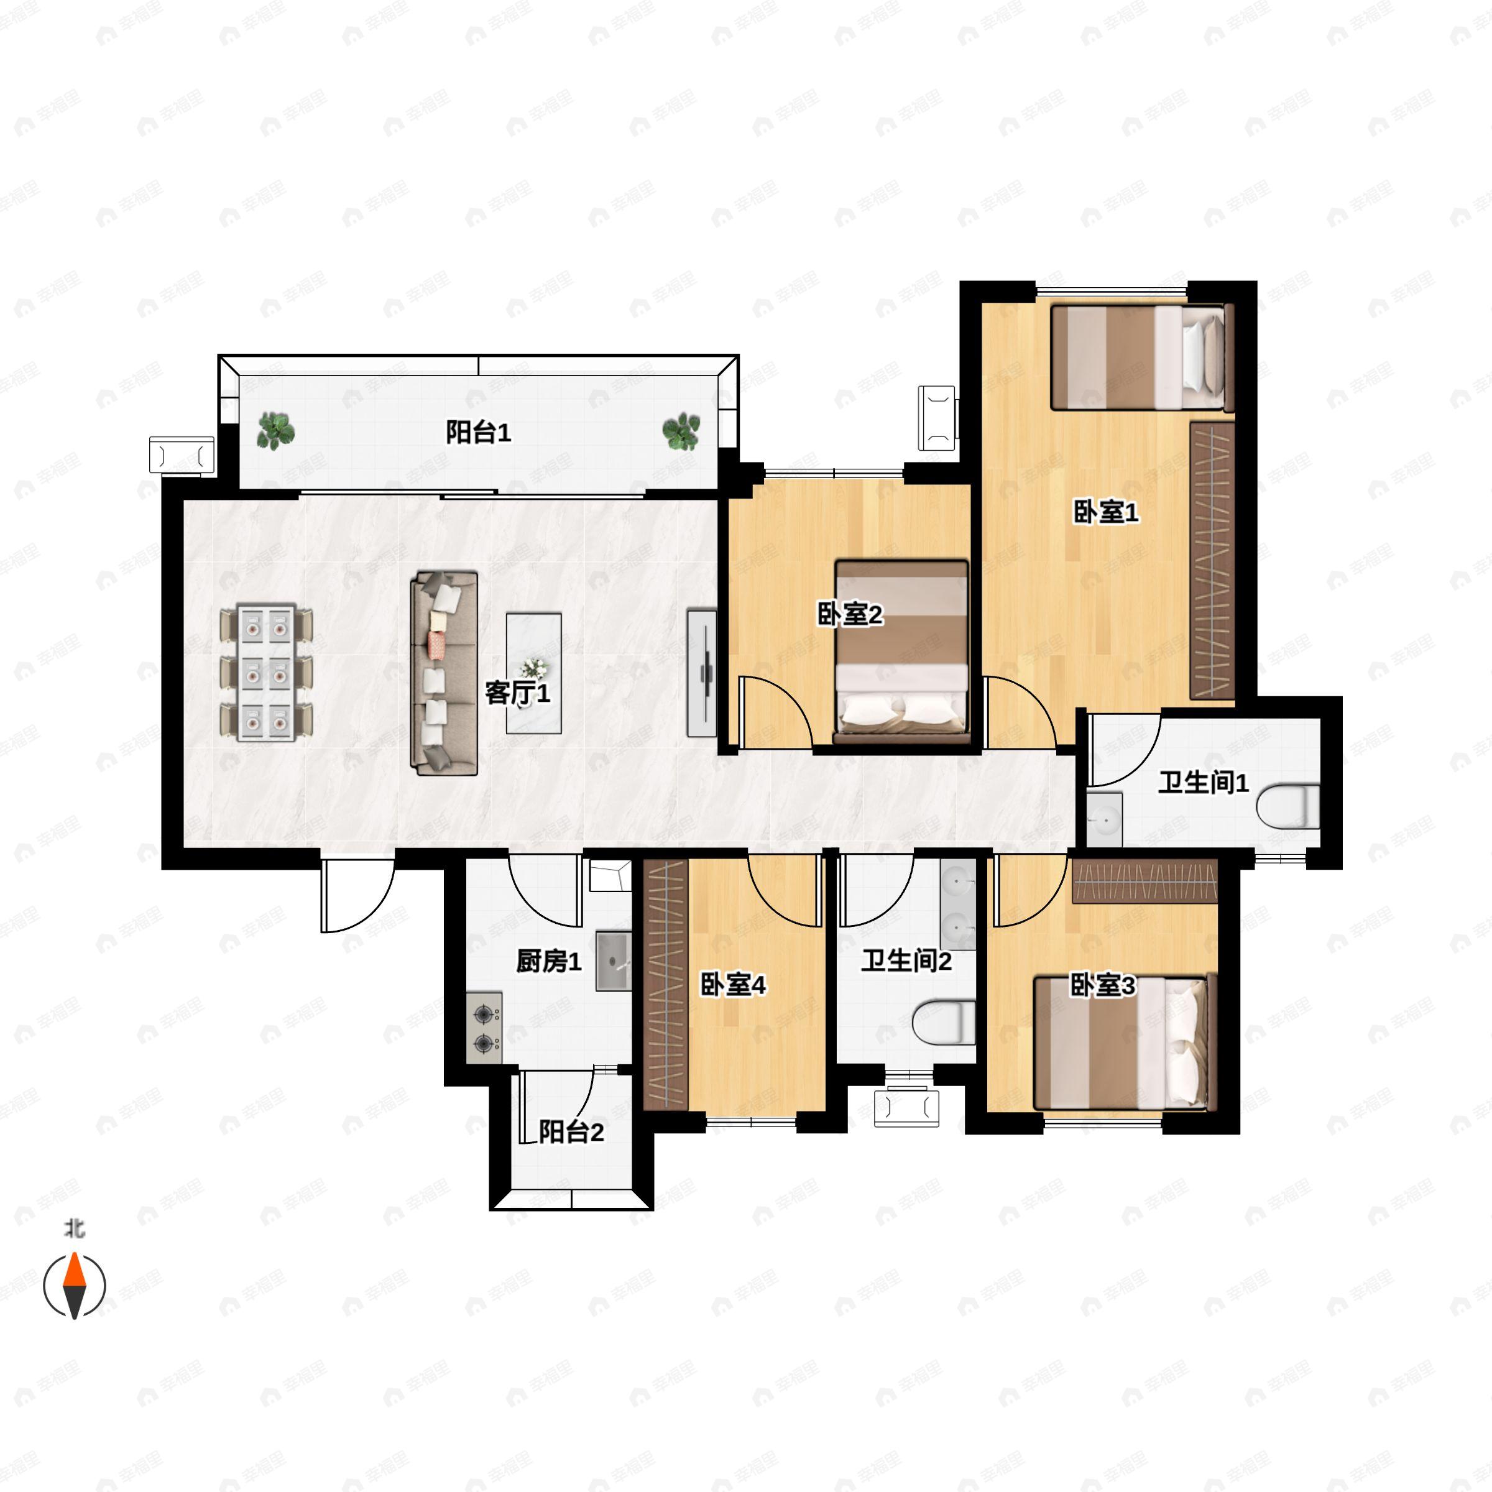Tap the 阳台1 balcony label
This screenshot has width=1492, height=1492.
click(478, 433)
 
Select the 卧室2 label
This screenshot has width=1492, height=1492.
click(849, 615)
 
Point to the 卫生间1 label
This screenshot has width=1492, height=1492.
click(1203, 783)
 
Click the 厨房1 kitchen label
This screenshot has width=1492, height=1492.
click(548, 962)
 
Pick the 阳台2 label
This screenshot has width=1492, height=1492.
click(571, 1132)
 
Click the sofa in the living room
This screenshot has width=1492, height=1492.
click(444, 673)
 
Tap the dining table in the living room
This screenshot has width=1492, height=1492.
click(267, 673)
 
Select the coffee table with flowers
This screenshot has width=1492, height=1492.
click(533, 673)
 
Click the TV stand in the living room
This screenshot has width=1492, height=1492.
click(702, 673)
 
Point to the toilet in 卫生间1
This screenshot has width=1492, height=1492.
click(1288, 806)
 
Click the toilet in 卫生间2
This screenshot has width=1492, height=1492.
click(944, 1023)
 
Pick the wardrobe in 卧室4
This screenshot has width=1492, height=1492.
click(666, 985)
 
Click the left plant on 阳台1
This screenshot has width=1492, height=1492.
click(275, 431)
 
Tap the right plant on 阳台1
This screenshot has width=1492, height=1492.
click(681, 431)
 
